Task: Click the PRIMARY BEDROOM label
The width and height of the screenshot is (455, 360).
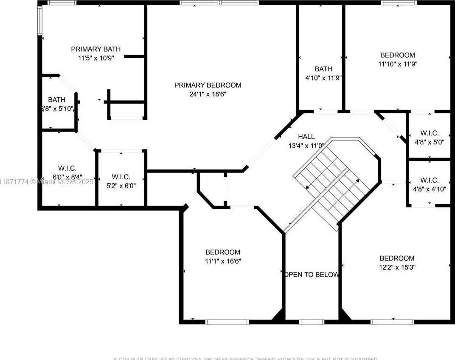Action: pyautogui.click(x=208, y=85)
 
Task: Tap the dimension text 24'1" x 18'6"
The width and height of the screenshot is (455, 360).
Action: pyautogui.click(x=208, y=94)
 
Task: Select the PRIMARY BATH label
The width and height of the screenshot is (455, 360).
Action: pyautogui.click(x=93, y=49)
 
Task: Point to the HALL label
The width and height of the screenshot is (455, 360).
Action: pyautogui.click(x=306, y=136)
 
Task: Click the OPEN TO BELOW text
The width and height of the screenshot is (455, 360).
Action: pyautogui.click(x=312, y=274)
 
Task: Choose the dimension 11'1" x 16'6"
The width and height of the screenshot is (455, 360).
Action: pyautogui.click(x=223, y=261)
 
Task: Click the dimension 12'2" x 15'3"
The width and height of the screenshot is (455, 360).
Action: pyautogui.click(x=397, y=267)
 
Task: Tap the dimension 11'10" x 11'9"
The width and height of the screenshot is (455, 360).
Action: pyautogui.click(x=397, y=64)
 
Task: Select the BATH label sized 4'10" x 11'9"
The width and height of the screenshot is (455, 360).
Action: pyautogui.click(x=323, y=69)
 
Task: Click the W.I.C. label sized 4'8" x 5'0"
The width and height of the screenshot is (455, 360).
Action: pyautogui.click(x=429, y=133)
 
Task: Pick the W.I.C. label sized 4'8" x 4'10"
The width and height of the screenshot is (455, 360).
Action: pyautogui.click(x=429, y=180)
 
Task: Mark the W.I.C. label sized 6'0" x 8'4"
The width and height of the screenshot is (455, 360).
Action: pyautogui.click(x=67, y=168)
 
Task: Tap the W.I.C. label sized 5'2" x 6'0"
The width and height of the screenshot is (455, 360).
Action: pyautogui.click(x=121, y=177)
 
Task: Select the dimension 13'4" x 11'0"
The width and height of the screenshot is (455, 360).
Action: pyautogui.click(x=306, y=146)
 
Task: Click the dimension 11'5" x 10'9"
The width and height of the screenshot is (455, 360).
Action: pyautogui.click(x=93, y=58)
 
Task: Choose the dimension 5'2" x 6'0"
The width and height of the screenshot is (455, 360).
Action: pyautogui.click(x=121, y=186)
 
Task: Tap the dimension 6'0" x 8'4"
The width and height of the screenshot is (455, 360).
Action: pyautogui.click(x=67, y=177)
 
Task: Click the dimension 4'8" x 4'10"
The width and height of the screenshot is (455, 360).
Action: pyautogui.click(x=429, y=189)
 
